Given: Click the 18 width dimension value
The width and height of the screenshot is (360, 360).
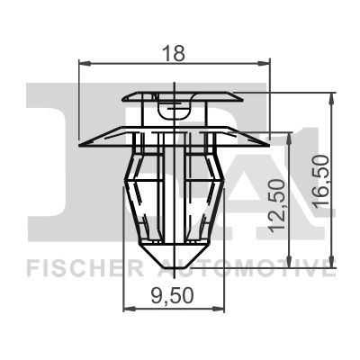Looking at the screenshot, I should pos(175,53).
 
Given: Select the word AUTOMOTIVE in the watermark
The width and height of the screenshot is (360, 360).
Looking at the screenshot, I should pos(248,266).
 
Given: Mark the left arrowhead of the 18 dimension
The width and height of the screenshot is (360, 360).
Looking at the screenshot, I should pos(85,63).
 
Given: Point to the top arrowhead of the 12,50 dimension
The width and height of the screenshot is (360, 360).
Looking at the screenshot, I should pos(291,136).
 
